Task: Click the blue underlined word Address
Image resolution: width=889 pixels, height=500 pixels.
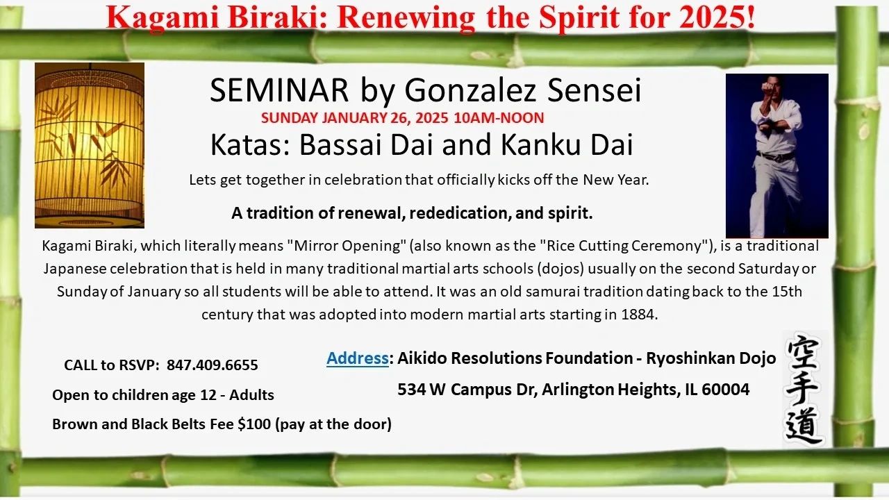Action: click(357, 358)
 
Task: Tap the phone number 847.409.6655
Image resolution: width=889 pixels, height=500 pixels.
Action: click(213, 365)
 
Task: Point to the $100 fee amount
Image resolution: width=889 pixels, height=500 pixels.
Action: click(254, 424)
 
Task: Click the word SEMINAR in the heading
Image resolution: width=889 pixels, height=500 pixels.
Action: click(279, 90)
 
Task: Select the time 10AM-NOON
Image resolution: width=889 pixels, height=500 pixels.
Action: click(499, 118)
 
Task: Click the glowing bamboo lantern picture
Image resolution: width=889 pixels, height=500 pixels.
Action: click(90, 145)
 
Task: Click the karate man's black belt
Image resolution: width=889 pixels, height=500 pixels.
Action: click(776, 156)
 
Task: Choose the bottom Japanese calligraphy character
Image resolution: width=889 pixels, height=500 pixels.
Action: click(804, 426)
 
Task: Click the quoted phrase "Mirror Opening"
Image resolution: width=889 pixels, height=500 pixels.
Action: click(344, 246)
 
